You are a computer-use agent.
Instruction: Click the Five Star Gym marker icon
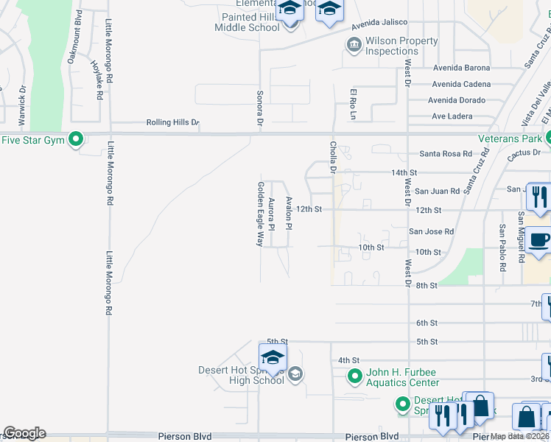pos(75,139)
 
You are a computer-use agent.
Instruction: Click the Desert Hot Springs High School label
pos(241,375)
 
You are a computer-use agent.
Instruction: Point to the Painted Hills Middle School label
pos(247,22)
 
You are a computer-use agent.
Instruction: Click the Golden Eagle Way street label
pos(260,214)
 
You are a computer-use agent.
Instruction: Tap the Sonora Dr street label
pos(259,108)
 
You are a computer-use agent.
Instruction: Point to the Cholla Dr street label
pos(333,158)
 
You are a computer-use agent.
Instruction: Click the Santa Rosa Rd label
pos(445,154)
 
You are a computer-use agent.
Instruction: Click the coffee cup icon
pos(539,240)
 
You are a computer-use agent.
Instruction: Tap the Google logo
pos(24,433)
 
